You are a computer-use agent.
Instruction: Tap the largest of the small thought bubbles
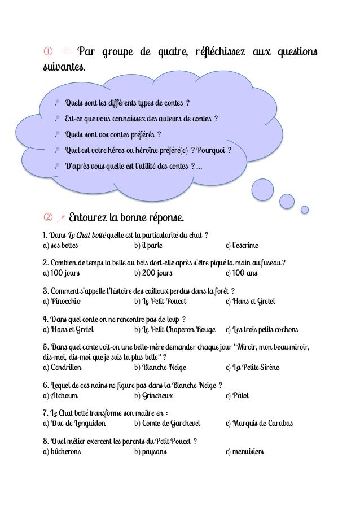pyautogui.click(x=262, y=189)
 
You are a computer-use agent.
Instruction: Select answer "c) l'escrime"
pyautogui.click(x=242, y=246)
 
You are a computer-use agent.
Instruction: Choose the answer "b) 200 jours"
pyautogui.click(x=153, y=273)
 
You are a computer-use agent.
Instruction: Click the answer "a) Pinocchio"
pyautogui.click(x=63, y=301)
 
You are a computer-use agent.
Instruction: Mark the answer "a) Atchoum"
pyautogui.click(x=60, y=395)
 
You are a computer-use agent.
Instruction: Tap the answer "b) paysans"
pyautogui.click(x=151, y=451)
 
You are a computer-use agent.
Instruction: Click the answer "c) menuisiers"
pyautogui.click(x=244, y=451)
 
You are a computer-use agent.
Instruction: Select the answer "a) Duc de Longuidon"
pyautogui.click(x=74, y=423)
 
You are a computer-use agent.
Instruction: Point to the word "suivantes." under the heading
pyautogui.click(x=65, y=69)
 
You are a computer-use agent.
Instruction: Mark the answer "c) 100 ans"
pyautogui.click(x=241, y=273)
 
